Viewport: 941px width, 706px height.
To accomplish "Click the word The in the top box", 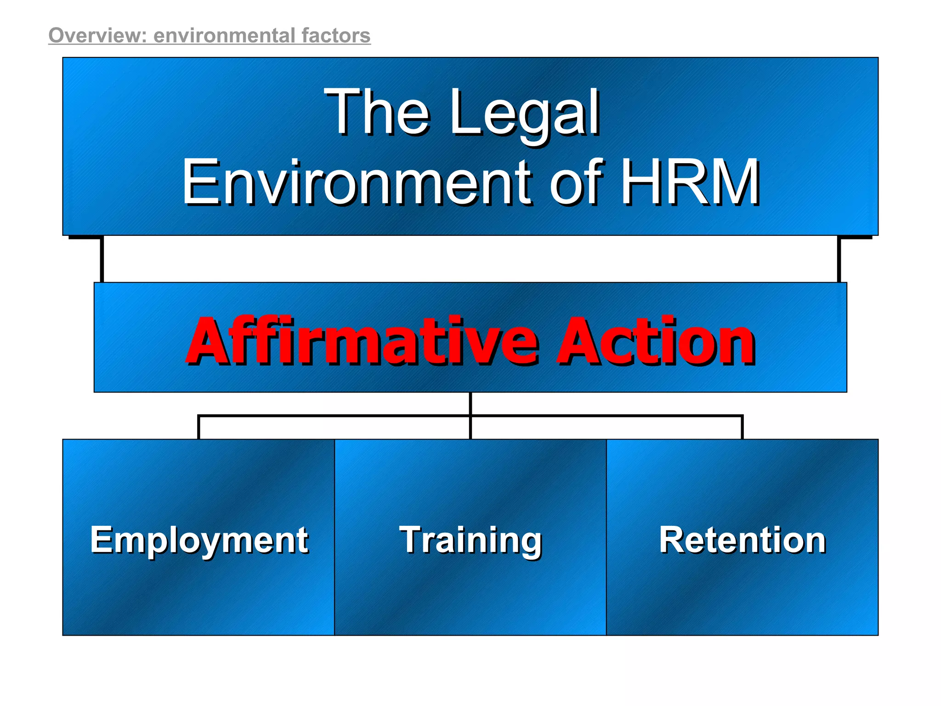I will point(377,112).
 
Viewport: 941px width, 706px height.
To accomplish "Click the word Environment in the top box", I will point(357,182).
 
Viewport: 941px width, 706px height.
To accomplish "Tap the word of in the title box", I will point(577,182).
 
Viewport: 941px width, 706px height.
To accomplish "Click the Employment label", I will point(199,540).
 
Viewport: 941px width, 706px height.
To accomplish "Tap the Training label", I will point(470,540).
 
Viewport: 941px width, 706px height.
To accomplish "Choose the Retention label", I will point(742,540).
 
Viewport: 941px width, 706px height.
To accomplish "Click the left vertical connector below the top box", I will point(102,259).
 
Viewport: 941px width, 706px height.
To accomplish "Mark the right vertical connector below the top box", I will point(839,259).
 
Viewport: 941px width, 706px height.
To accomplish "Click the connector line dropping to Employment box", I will point(198,427).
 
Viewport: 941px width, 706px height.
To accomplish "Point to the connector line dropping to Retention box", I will point(742,427).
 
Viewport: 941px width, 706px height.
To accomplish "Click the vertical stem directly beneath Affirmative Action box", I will point(470,404).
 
